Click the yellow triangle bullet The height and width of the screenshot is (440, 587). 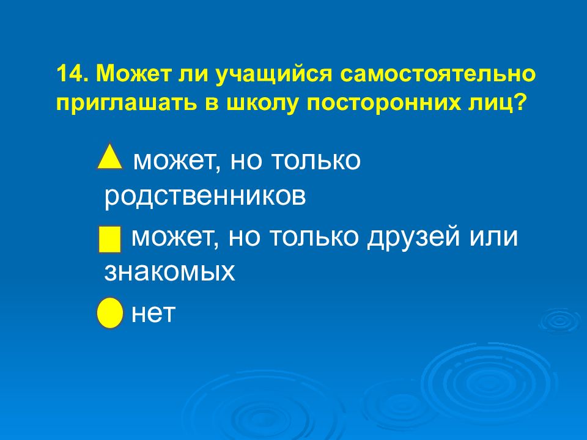coord(110,158)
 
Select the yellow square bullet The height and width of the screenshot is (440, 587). coord(110,239)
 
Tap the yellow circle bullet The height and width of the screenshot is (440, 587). coord(110,313)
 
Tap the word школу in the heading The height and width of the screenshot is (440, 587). coord(249,102)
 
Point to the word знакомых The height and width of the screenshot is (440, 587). coord(170,271)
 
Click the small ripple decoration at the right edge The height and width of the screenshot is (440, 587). coord(559,320)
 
